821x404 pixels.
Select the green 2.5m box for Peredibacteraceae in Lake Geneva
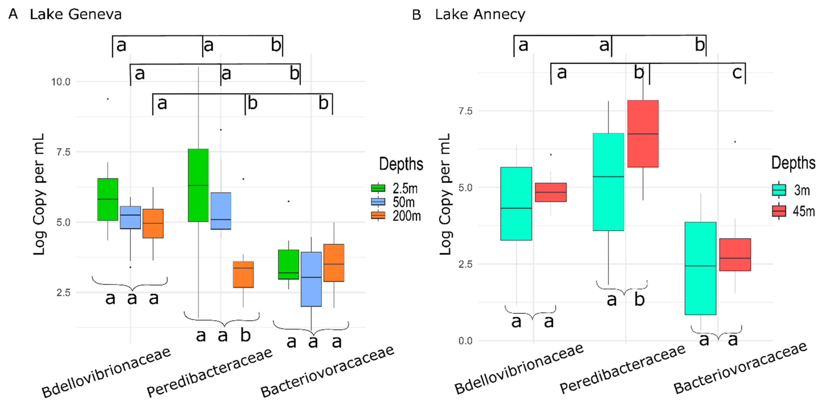pyautogui.click(x=198, y=185)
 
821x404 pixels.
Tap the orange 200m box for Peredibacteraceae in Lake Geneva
pyautogui.click(x=243, y=274)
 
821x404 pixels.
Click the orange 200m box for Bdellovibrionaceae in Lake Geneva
pyautogui.click(x=153, y=223)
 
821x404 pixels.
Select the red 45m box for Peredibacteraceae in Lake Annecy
pyautogui.click(x=643, y=134)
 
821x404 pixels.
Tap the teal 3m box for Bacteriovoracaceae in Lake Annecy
pyautogui.click(x=700, y=268)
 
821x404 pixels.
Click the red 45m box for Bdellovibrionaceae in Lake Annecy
pyautogui.click(x=551, y=192)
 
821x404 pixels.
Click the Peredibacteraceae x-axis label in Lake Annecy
pyautogui.click(x=622, y=369)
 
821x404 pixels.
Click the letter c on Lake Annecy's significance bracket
pyautogui.click(x=737, y=73)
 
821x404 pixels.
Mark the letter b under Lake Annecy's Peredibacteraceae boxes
pyautogui.click(x=639, y=299)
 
